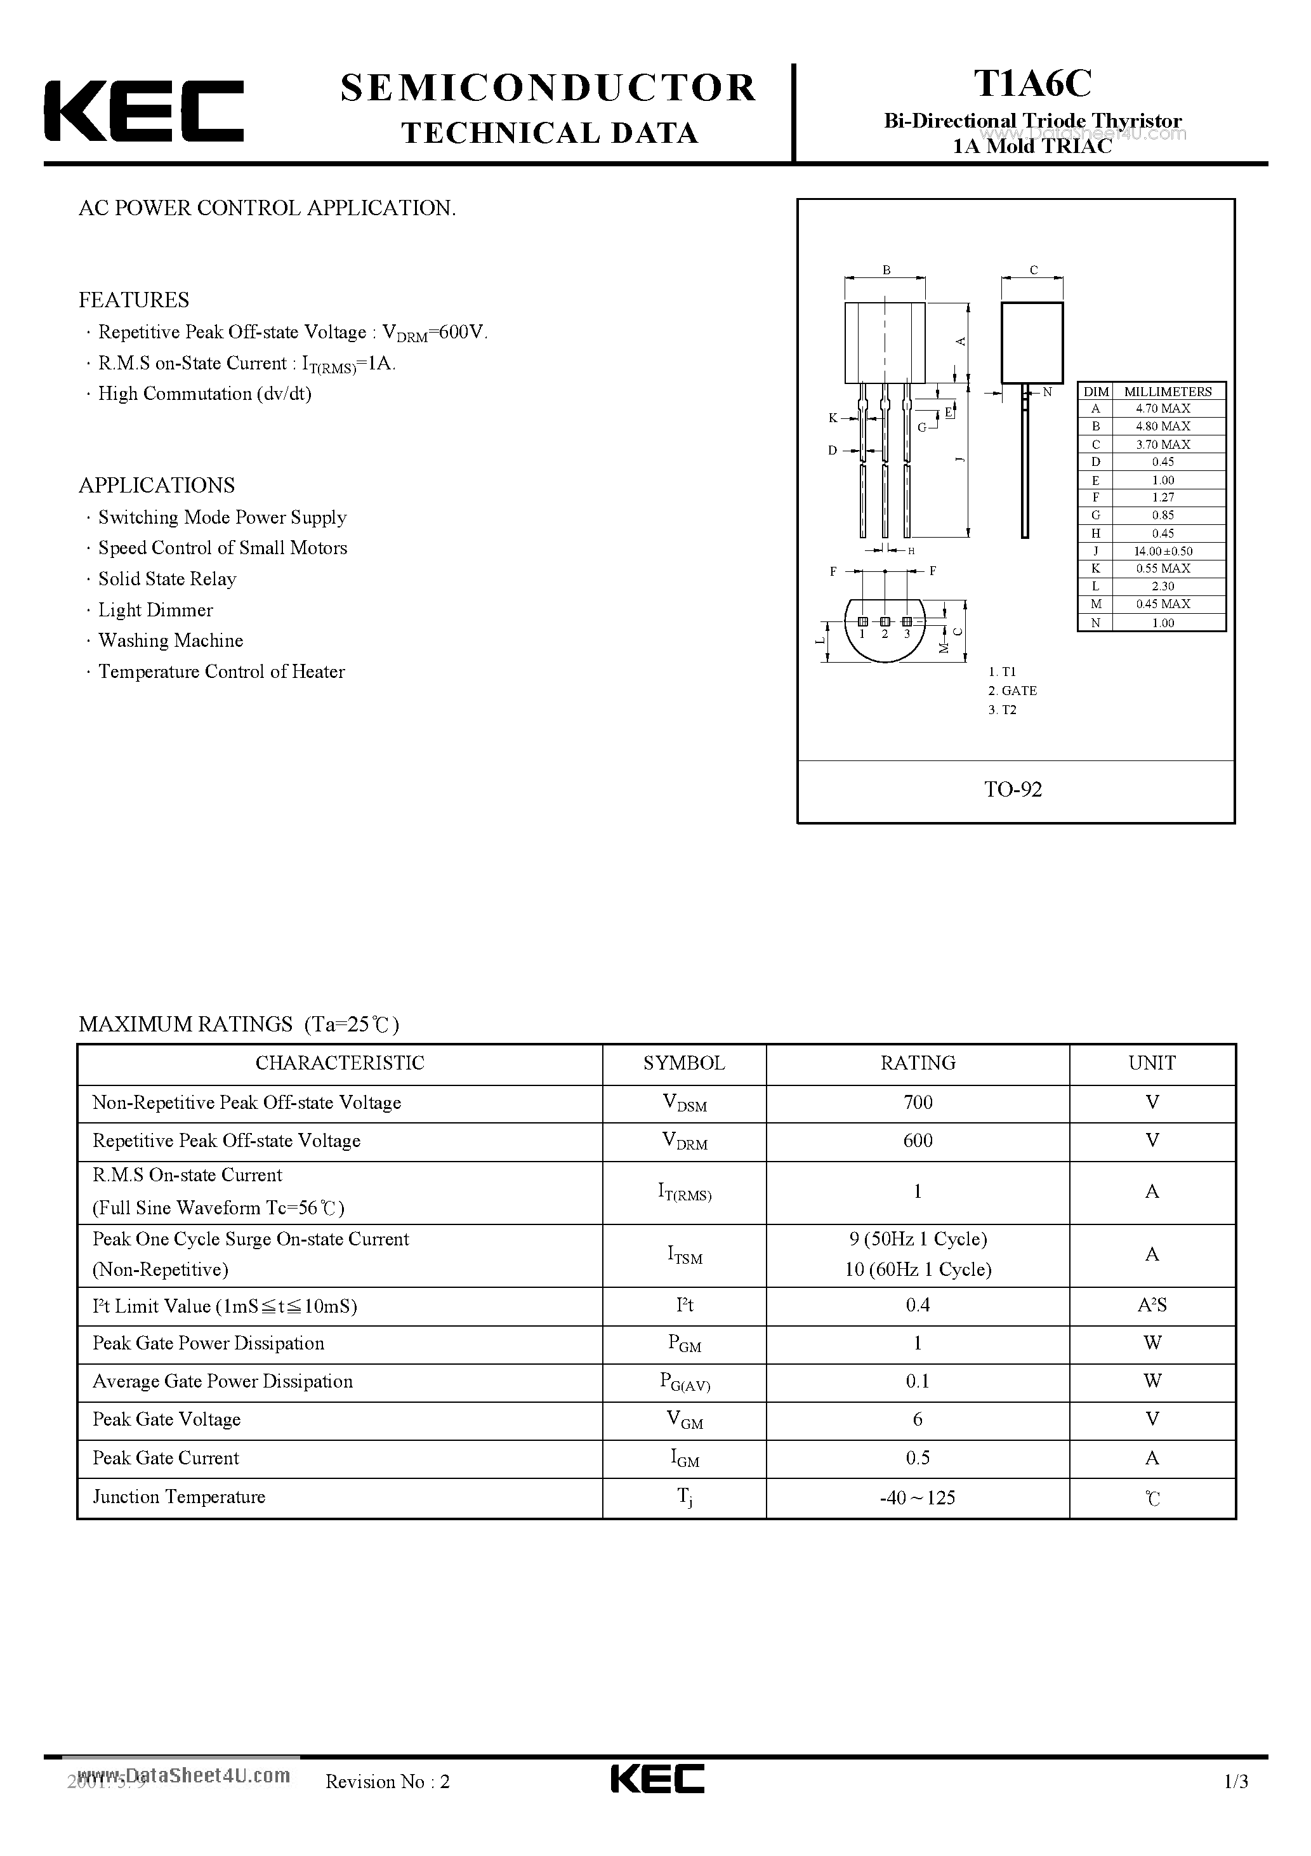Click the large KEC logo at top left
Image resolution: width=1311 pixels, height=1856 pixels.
(144, 112)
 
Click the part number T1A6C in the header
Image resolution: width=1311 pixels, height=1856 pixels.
(1032, 83)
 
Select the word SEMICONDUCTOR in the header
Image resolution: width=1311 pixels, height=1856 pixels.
(548, 88)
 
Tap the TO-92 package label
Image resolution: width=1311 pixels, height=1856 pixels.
(1013, 790)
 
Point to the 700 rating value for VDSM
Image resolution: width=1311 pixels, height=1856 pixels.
(918, 1103)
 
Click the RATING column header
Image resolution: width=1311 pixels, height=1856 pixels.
(918, 1063)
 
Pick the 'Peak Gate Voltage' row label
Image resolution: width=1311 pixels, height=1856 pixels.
(166, 1419)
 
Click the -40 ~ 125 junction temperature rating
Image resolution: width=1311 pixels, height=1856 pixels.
(918, 1498)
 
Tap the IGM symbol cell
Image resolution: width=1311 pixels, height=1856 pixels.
(684, 1458)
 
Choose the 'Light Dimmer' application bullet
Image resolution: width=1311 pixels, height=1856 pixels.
(155, 611)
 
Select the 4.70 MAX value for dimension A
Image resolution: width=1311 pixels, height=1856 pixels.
(1163, 409)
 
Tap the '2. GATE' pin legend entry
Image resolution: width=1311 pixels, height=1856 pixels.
(1012, 691)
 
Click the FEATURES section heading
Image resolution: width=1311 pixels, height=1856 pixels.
(134, 300)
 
